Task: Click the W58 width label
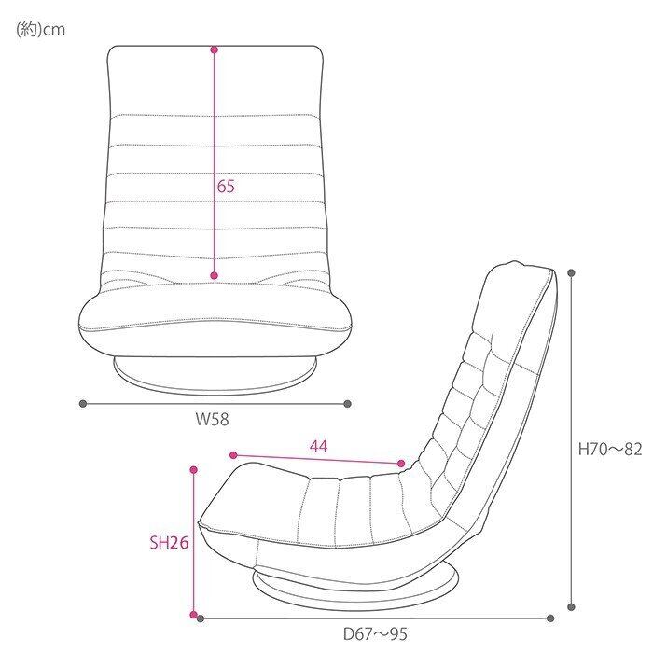(213, 419)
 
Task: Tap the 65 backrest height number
(226, 187)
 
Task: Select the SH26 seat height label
(169, 543)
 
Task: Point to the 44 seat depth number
(319, 447)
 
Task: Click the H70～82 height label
(610, 449)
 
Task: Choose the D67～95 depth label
(375, 634)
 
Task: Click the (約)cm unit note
(40, 30)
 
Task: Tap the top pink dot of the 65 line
(215, 50)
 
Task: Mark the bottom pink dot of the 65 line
(215, 275)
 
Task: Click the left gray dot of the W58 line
(83, 403)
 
